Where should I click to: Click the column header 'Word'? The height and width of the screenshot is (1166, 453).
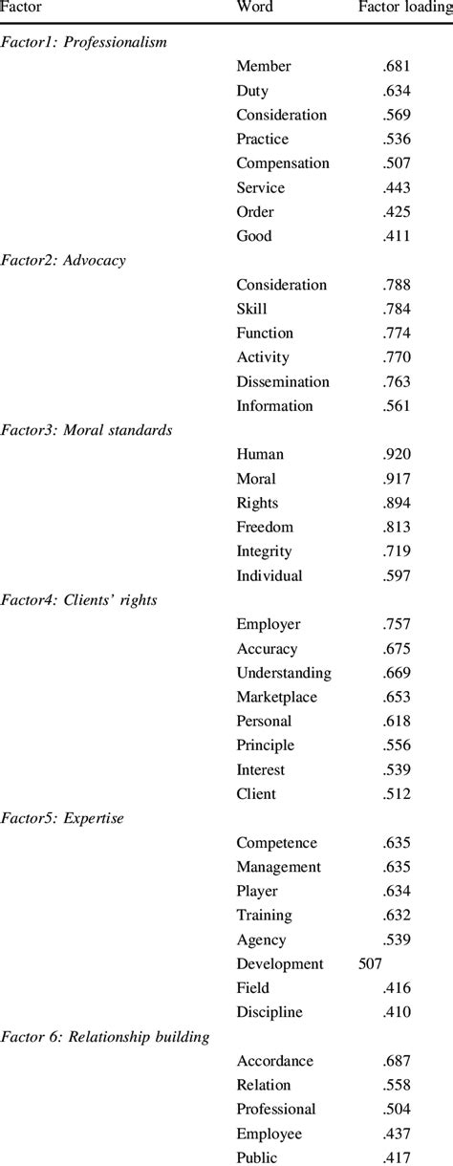(254, 8)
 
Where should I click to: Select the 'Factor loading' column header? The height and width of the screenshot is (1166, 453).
(405, 8)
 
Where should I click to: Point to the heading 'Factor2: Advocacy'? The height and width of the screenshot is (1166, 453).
(64, 260)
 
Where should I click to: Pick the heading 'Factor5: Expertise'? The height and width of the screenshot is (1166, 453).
(64, 819)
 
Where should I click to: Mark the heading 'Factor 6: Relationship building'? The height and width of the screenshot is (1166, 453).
(105, 1037)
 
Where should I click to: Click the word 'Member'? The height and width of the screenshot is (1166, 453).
(264, 66)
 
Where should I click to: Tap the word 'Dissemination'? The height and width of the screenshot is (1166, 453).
(283, 381)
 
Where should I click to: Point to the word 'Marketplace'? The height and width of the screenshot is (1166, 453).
(277, 697)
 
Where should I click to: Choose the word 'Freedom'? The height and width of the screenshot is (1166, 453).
(265, 528)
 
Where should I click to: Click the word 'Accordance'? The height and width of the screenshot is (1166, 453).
(275, 1061)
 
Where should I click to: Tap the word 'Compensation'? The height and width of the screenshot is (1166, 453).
(283, 163)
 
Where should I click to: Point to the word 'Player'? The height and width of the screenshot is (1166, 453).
(257, 892)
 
